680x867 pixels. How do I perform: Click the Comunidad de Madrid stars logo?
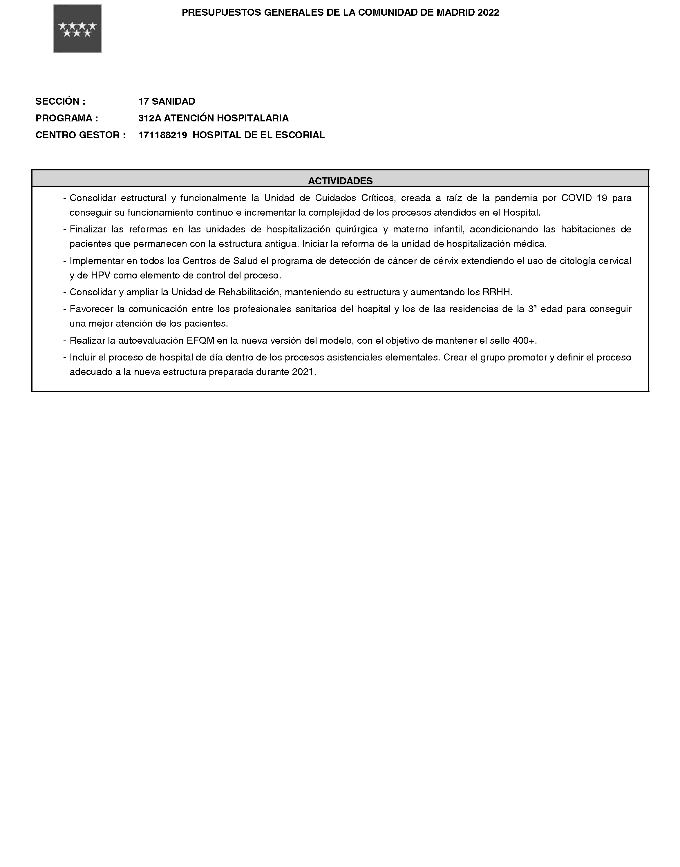(78, 29)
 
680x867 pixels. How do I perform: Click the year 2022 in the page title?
(488, 13)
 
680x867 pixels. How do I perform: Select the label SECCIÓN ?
(60, 101)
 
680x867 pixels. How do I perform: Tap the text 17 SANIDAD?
(167, 101)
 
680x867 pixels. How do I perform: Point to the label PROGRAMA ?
(66, 118)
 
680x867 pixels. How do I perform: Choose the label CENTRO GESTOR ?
(80, 135)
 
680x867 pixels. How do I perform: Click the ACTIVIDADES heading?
(340, 181)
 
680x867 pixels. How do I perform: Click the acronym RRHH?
(496, 292)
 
